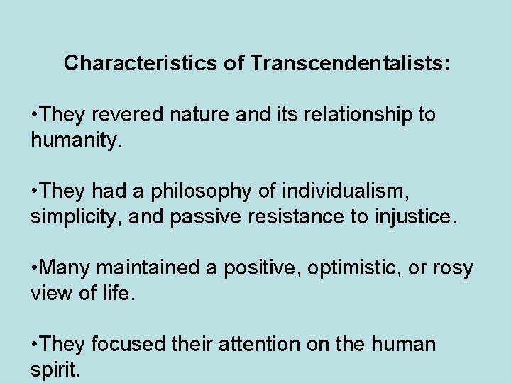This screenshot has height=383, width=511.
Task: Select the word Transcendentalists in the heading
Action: coord(349,64)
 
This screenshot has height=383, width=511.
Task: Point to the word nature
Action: coord(201,115)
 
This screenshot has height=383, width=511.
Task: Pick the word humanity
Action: coord(75,140)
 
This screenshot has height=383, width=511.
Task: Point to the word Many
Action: coord(66,268)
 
